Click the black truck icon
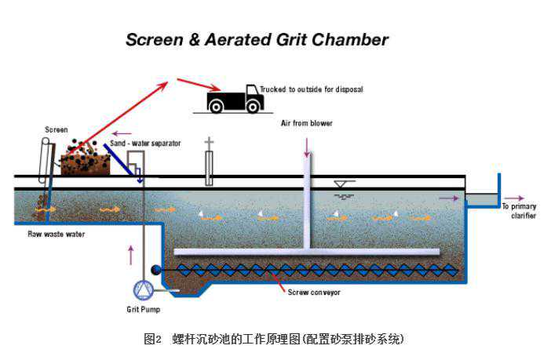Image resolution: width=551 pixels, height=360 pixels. coord(235,99)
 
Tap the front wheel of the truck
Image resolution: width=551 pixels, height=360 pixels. coord(253,106)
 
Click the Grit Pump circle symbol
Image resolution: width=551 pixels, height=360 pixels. coord(143,290)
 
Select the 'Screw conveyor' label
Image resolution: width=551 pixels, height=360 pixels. coord(314,293)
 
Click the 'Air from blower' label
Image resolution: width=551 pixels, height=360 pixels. coord(306,123)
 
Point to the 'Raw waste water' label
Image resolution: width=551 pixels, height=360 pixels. coord(57,234)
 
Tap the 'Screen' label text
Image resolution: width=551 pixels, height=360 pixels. coord(57,129)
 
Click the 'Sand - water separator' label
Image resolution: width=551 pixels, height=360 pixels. coord(145,144)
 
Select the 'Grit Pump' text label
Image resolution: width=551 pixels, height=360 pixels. coord(144,310)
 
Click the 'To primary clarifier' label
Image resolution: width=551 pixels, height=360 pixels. coord(520,211)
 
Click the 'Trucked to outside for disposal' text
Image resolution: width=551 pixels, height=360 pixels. coord(312,89)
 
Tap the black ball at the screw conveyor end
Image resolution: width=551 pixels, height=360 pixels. coord(156,270)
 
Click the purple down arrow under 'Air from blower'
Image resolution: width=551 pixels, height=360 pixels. coord(307,147)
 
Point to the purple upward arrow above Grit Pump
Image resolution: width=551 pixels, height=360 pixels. coord(131,255)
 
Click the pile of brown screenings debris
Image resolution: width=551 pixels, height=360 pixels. coord(86,161)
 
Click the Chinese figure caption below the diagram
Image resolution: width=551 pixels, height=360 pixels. coord(274,339)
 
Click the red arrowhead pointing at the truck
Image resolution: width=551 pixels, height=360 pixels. coord(215,88)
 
